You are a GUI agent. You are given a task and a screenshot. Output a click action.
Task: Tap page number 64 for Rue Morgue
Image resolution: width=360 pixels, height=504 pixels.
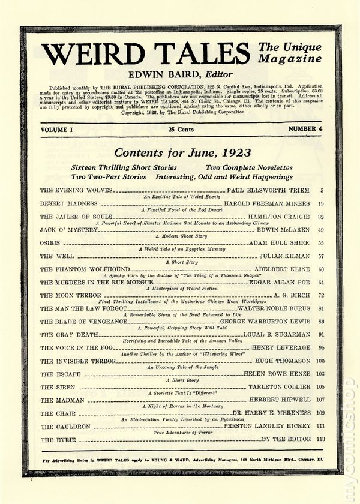(322, 281)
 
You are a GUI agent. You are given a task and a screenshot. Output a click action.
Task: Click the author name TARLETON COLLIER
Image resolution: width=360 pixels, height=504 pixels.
(281, 387)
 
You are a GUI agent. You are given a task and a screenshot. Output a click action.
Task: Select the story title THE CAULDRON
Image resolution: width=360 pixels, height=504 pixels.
(65, 427)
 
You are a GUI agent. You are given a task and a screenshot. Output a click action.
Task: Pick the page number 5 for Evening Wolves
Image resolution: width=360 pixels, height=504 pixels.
(323, 190)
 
